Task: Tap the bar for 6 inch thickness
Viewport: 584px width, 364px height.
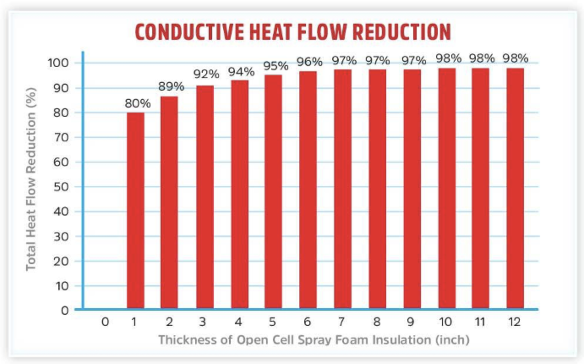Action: pyautogui.click(x=308, y=190)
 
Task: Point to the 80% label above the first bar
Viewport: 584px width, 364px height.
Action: pyautogui.click(x=135, y=104)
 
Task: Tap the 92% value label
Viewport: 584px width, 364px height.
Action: pyautogui.click(x=207, y=74)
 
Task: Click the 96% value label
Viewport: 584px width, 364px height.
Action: pyautogui.click(x=309, y=62)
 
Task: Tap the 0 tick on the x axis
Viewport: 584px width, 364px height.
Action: pyautogui.click(x=105, y=322)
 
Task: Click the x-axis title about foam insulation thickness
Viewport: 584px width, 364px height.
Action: pyautogui.click(x=314, y=340)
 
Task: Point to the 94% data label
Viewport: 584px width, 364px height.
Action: pyautogui.click(x=241, y=72)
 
